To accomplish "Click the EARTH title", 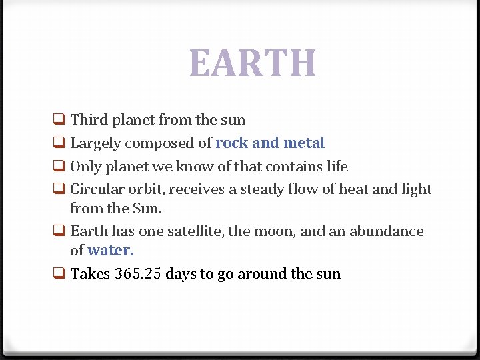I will tap(253, 63).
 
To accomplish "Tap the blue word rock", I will tap(231, 143).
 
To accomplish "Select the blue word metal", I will tap(304, 143).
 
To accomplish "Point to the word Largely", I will tap(95, 143).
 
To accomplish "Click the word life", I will tap(337, 166).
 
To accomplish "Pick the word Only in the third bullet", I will tap(85, 166).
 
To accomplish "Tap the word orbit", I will tap(147, 189).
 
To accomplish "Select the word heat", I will tap(354, 189).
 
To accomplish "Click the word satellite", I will tap(195, 231).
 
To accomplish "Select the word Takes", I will tap(90, 273).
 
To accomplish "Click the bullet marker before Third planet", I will tap(59, 121).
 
